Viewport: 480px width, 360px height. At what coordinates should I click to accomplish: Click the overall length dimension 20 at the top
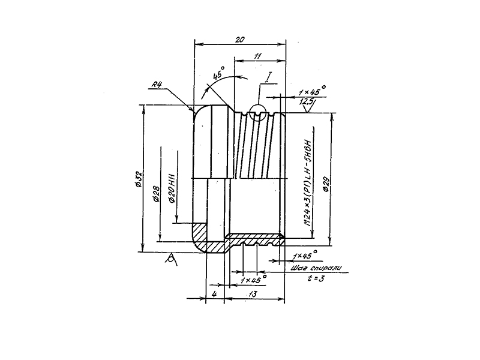point(239,40)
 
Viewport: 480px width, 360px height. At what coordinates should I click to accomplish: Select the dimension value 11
point(257,56)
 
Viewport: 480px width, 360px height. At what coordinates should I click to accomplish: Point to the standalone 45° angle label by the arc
point(218,76)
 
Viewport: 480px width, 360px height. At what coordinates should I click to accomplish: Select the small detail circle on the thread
point(259,113)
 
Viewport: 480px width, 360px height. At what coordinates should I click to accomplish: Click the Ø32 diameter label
point(138,178)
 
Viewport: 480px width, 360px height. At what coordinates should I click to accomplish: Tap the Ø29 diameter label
point(325,182)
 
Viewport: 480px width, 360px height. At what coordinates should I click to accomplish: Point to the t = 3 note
point(315,279)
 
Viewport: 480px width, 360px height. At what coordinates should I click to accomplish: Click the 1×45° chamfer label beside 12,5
point(311,91)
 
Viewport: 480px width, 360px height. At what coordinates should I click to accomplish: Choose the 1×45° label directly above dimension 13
point(253,280)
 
